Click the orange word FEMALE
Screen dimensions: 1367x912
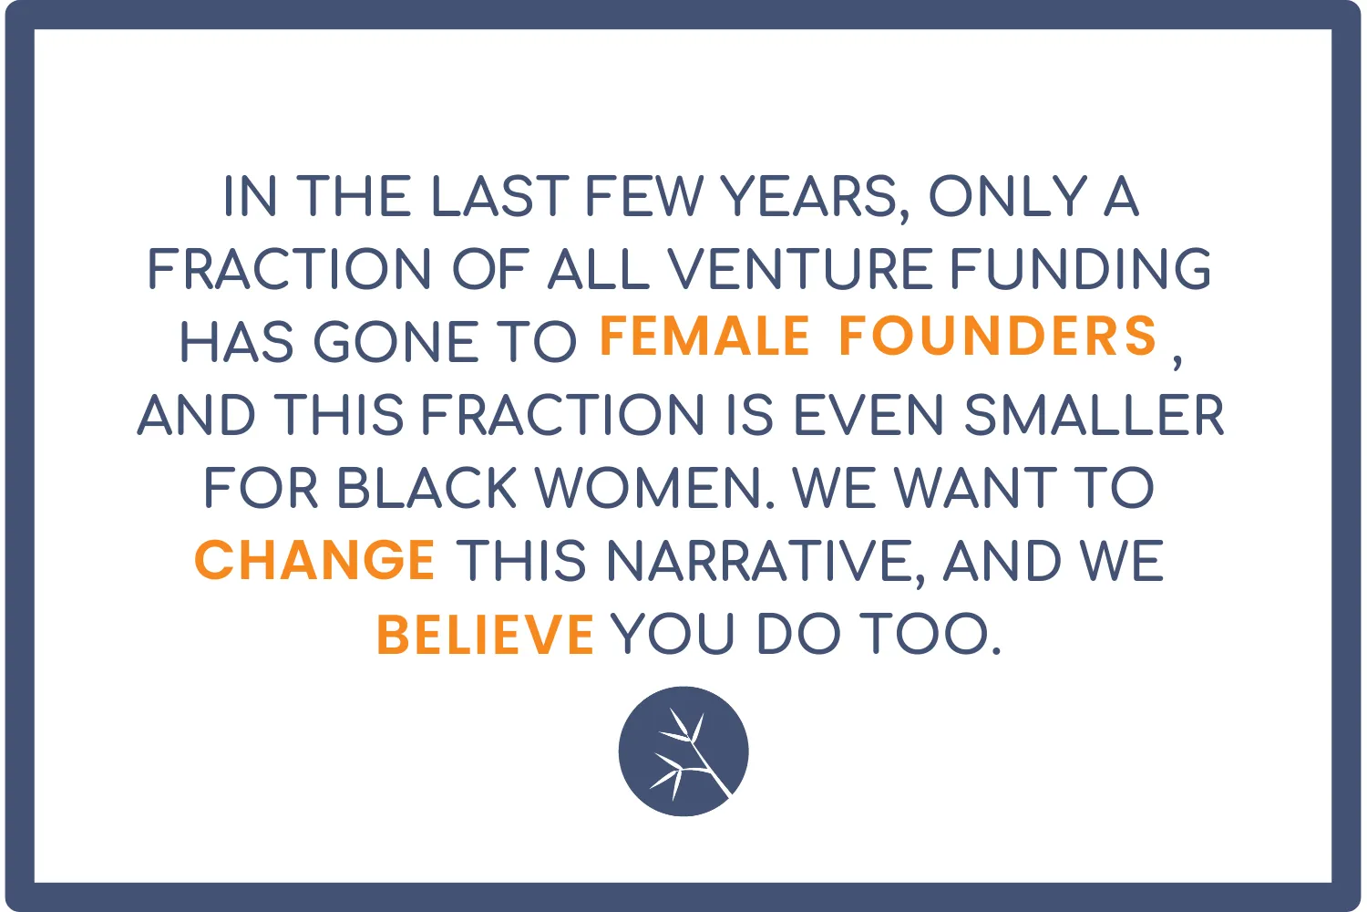pyautogui.click(x=704, y=336)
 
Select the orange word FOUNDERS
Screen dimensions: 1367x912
pyautogui.click(x=998, y=336)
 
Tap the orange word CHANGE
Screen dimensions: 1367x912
pyautogui.click(x=315, y=560)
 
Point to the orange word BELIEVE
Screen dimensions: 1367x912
pyautogui.click(x=486, y=635)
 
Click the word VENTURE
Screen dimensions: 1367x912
pyautogui.click(x=800, y=268)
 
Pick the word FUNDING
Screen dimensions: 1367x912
pyautogui.click(x=1081, y=268)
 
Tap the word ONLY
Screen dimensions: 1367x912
pyautogui.click(x=1008, y=195)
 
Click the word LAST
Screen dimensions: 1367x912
pyautogui.click(x=500, y=195)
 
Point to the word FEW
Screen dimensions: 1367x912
pyautogui.click(x=644, y=195)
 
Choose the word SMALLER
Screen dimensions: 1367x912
pyautogui.click(x=1095, y=415)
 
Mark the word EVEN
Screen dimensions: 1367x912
pyautogui.click(x=869, y=415)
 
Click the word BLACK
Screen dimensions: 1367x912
pyautogui.click(x=427, y=487)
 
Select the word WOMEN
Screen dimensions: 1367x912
pyautogui.click(x=649, y=487)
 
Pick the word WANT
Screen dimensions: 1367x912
pyautogui.click(x=975, y=487)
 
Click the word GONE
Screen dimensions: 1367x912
pyautogui.click(x=396, y=342)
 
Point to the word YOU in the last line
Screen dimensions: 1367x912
pyautogui.click(x=673, y=635)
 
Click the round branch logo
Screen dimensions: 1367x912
pyautogui.click(x=683, y=751)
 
